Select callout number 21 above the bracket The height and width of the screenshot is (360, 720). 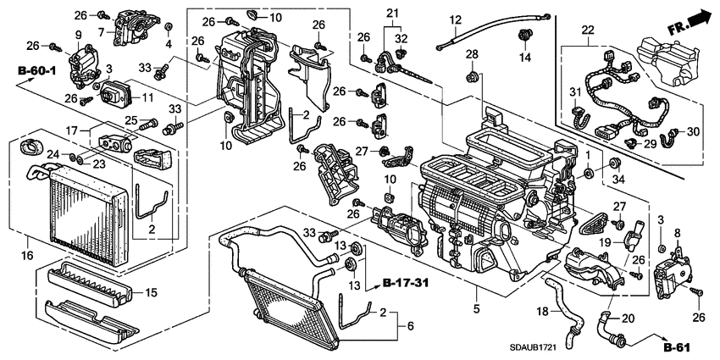(391, 13)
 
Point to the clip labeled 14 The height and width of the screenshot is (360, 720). (525, 36)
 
